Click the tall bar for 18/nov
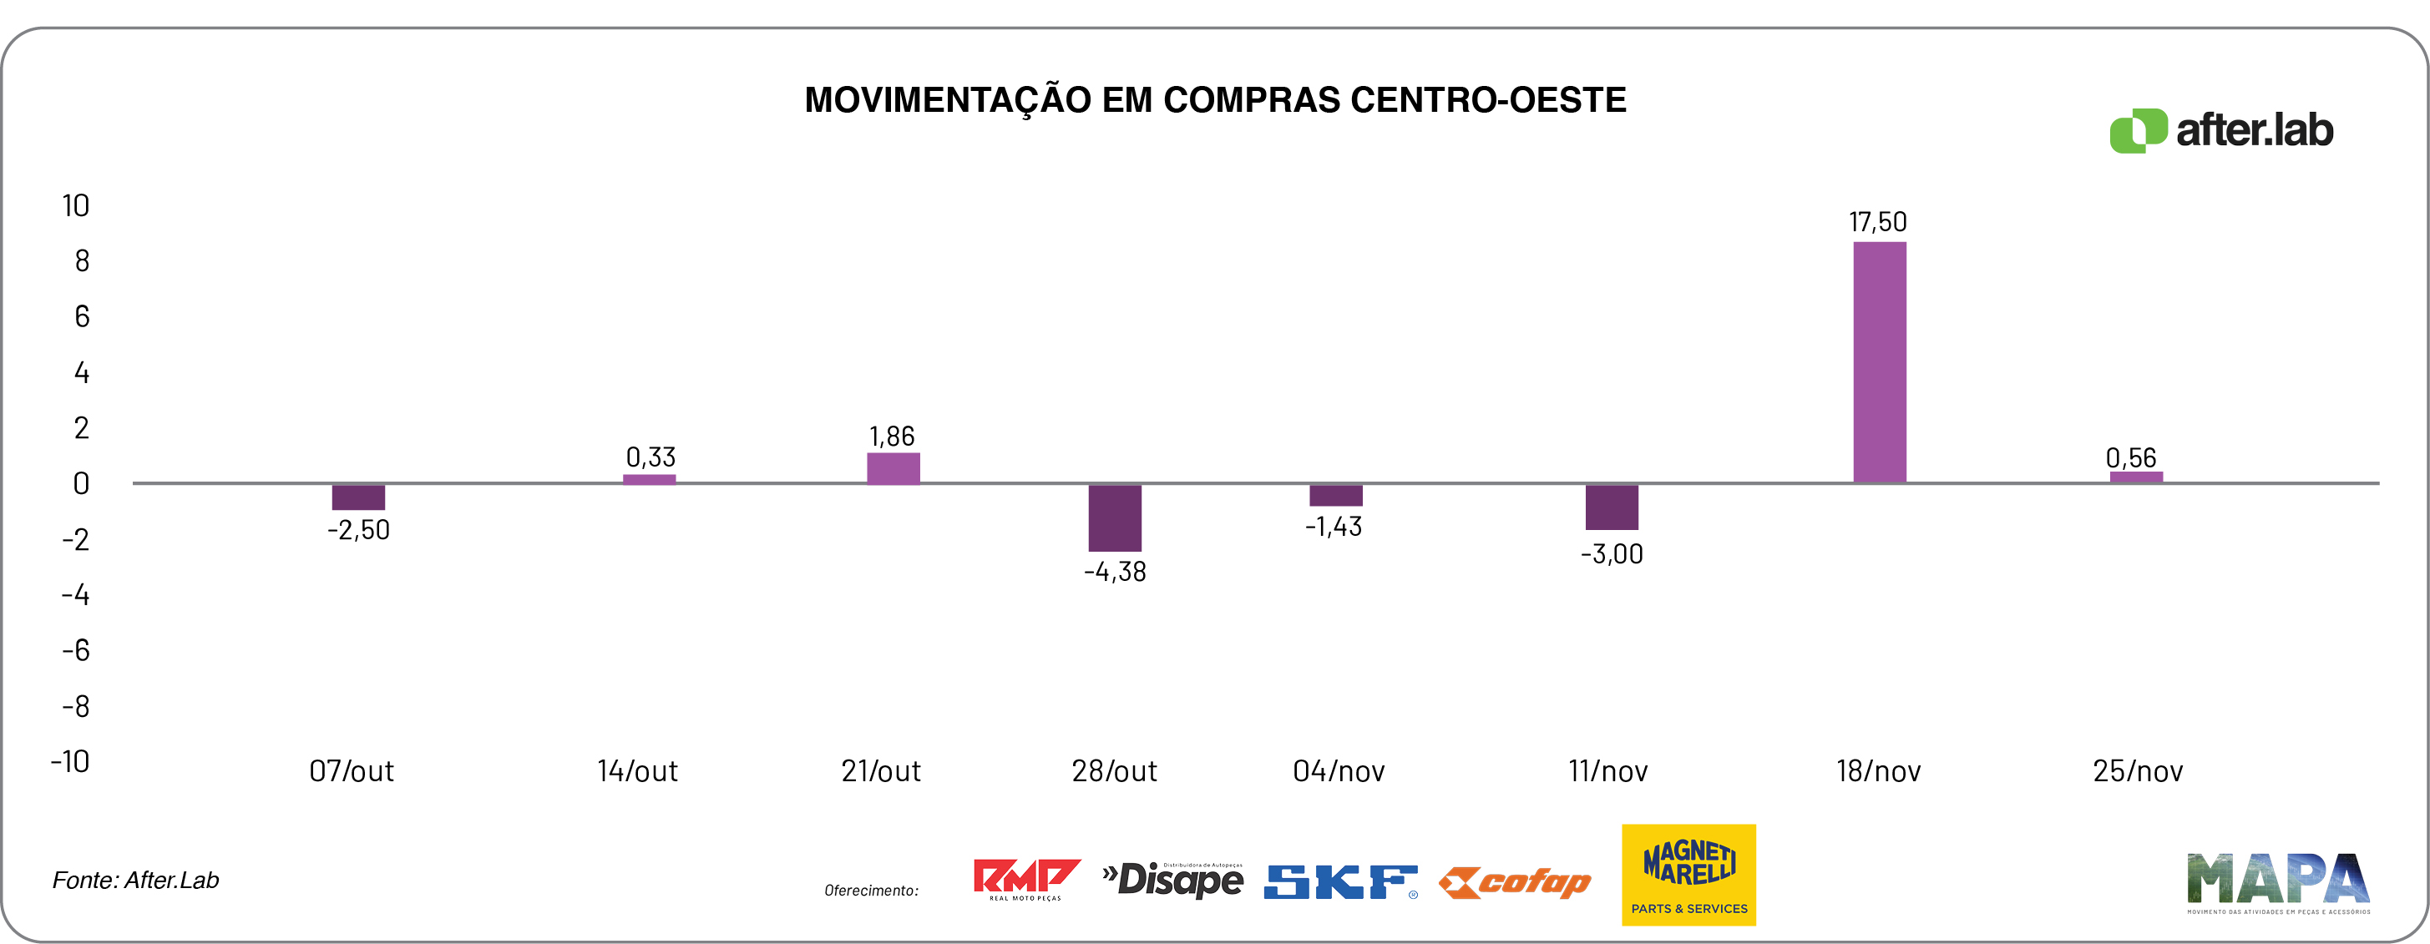[x=1879, y=362]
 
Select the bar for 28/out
[x=1114, y=517]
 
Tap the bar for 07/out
[x=358, y=497]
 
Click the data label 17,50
[x=1877, y=223]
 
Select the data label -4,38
[x=1114, y=572]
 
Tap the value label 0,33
[x=651, y=457]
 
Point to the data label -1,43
[x=1333, y=526]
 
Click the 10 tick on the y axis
[x=75, y=205]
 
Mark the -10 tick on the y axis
[x=71, y=761]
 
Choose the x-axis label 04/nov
[x=1339, y=771]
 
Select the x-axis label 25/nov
[x=2138, y=771]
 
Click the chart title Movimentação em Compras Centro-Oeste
[x=1215, y=100]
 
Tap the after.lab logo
[x=2220, y=130]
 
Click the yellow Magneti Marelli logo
[x=1688, y=874]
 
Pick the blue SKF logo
[x=1339, y=881]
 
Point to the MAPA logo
[x=2277, y=881]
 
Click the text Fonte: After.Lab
[x=136, y=880]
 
